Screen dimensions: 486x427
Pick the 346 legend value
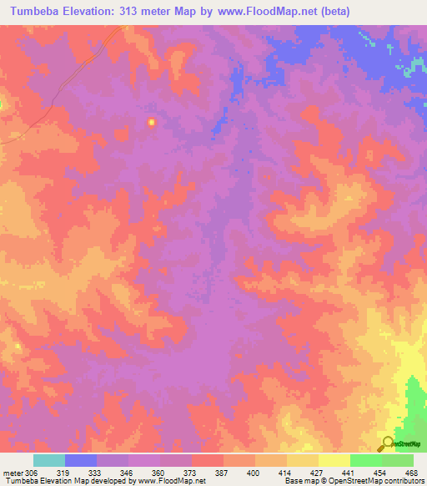(143, 473)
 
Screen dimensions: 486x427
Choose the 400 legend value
(271, 473)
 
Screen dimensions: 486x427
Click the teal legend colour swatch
(49, 460)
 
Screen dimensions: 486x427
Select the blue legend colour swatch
(81, 460)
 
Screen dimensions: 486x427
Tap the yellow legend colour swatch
(334, 460)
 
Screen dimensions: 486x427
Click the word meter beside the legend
(13, 473)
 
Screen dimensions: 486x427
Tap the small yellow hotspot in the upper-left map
(151, 123)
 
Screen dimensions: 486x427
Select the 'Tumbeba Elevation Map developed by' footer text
(69, 482)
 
